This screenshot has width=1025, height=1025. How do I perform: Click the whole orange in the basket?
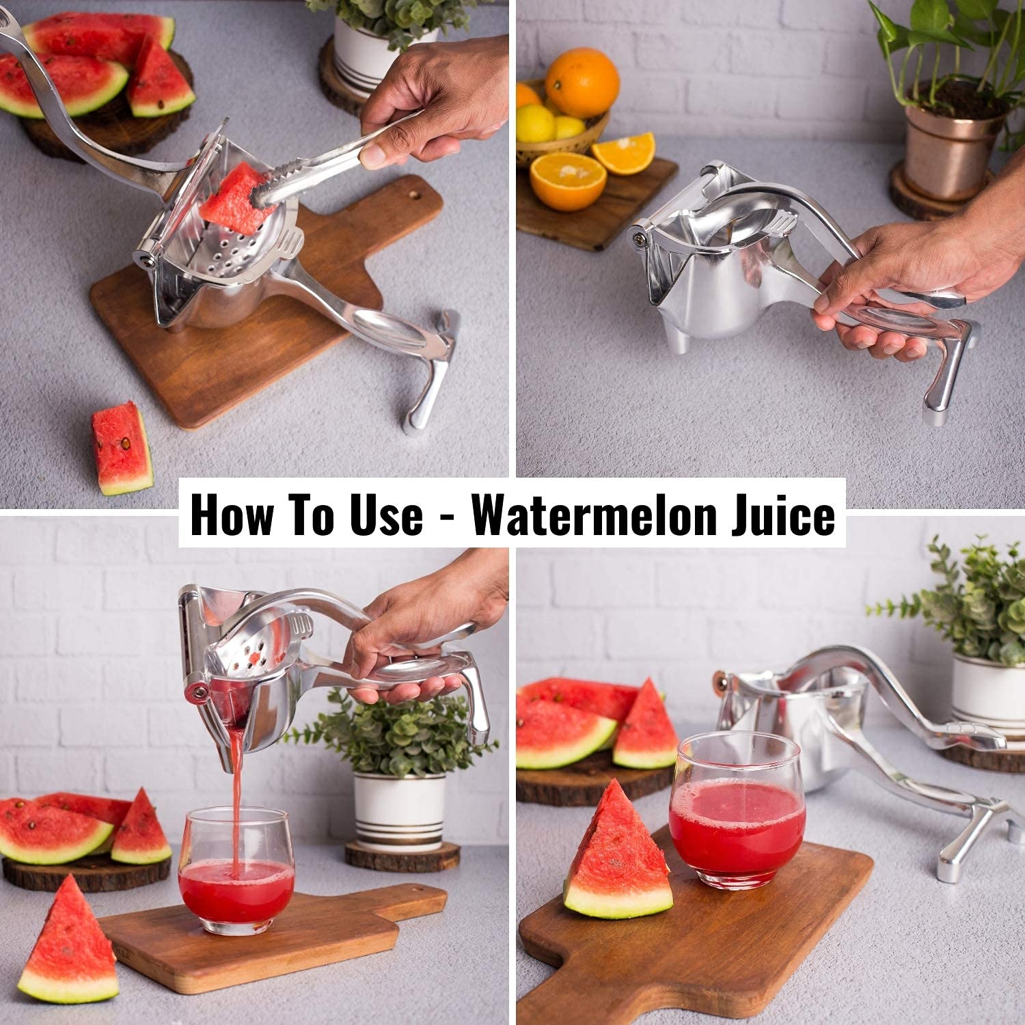point(582,82)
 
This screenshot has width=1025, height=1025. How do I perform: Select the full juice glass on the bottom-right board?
point(737,810)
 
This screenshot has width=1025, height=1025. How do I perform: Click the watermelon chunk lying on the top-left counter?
point(122,448)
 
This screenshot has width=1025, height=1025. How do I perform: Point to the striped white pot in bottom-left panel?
point(400,809)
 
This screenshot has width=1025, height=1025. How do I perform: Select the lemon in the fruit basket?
point(535,123)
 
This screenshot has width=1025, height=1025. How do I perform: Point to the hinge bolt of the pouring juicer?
point(199,694)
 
